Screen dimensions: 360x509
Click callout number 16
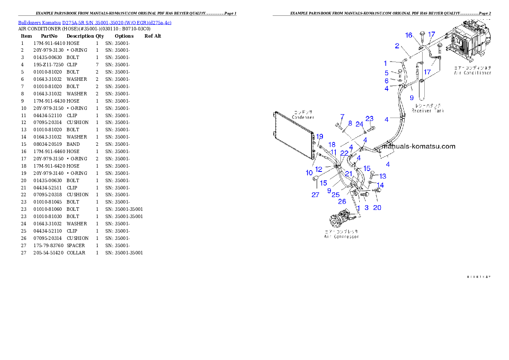tap(408, 35)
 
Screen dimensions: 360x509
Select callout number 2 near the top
tap(397, 46)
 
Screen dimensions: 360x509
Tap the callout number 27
tap(315, 195)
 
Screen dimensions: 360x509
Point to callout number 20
tap(377, 208)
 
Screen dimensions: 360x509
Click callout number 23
tap(369, 118)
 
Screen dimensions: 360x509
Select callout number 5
tap(386, 73)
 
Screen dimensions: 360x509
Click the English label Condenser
tap(303, 117)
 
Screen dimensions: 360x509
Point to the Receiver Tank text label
tap(428, 111)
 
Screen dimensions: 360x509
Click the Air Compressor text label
tap(341, 236)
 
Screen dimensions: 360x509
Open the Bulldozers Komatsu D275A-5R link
tap(95, 23)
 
